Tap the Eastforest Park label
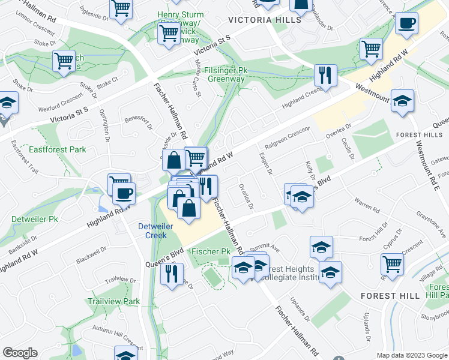58,149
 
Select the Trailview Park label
113,301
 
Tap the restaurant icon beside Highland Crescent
325,76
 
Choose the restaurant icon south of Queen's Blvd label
172,273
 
